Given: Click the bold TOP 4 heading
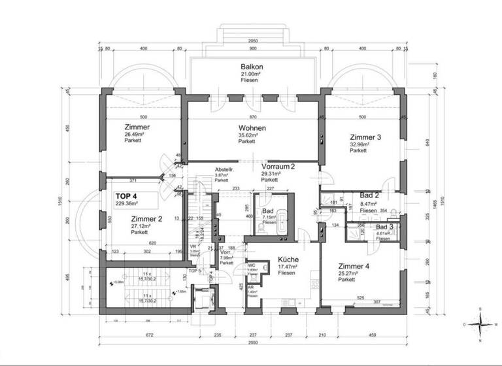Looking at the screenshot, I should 126,195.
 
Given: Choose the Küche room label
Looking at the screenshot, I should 287,259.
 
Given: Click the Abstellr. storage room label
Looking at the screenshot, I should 224,171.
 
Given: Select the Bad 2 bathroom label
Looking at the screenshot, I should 371,196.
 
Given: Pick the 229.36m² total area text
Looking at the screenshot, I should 129,204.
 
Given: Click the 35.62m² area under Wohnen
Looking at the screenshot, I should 246,135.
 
